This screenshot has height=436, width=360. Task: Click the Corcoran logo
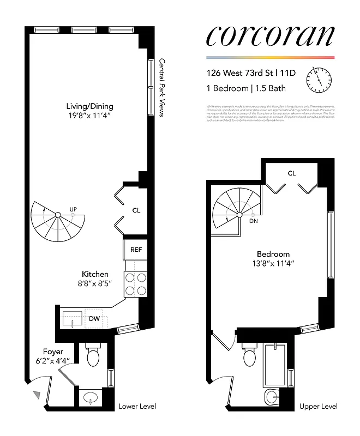coord(270,35)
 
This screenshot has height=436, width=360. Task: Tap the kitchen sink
coord(73,318)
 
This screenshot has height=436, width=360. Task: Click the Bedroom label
coord(274,254)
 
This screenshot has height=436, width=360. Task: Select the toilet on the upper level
coord(249,358)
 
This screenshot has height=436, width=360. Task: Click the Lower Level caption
coord(137,407)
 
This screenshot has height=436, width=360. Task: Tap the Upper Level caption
coord(318,407)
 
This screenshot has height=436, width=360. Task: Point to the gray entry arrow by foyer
coord(37,395)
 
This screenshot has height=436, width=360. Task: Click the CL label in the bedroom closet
coord(292,173)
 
